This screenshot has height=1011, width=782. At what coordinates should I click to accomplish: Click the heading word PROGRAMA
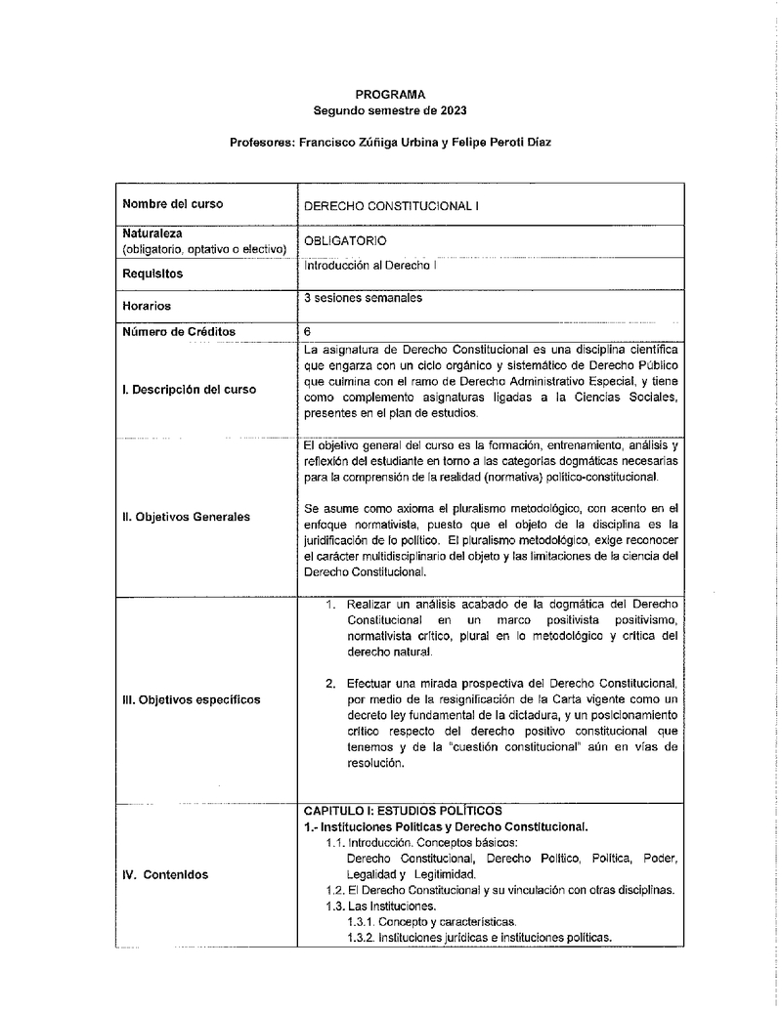(391, 95)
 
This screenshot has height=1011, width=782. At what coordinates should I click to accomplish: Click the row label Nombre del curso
(172, 204)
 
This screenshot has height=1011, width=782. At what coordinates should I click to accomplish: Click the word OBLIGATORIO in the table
(346, 240)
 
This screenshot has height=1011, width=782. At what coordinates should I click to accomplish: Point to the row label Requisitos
(152, 274)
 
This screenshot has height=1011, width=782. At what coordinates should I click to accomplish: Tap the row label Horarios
(147, 306)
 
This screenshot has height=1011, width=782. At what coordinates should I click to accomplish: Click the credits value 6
(308, 331)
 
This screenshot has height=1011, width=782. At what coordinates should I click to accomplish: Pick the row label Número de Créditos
(179, 331)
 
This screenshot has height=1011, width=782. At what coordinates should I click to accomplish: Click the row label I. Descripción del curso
(190, 389)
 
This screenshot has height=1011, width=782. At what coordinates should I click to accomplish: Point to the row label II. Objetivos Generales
(186, 516)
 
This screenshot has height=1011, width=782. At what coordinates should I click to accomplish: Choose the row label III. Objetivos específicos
(192, 699)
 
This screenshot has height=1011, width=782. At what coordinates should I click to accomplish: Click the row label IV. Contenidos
(165, 875)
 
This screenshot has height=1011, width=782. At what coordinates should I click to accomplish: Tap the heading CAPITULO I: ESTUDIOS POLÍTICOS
(403, 811)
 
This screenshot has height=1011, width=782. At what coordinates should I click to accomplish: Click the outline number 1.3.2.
(362, 938)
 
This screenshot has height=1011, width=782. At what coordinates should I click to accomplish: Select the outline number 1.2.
(333, 891)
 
